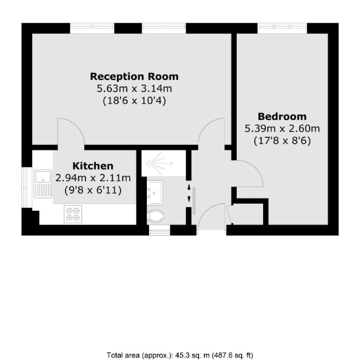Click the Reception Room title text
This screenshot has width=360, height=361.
point(134,76)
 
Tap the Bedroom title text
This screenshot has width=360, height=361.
point(282,116)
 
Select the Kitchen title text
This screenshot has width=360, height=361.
point(93,166)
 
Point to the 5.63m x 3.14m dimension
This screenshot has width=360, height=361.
point(134,88)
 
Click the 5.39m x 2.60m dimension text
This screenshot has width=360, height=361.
point(282,128)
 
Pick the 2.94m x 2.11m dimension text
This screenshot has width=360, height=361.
point(93,178)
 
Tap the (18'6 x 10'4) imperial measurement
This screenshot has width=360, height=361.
point(134,100)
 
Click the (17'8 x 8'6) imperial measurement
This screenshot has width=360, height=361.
point(282,140)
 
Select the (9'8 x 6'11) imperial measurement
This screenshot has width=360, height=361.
point(93,190)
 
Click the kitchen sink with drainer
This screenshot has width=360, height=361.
point(43,184)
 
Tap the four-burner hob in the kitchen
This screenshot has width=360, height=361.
point(73,214)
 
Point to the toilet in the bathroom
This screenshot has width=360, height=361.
point(156,216)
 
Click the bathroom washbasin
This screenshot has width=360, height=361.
point(155,193)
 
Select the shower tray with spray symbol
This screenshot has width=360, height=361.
point(163,163)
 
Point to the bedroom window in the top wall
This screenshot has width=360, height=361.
point(282,28)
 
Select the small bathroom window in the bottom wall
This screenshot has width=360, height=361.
point(159,230)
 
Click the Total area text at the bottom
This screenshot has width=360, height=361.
point(180,355)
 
